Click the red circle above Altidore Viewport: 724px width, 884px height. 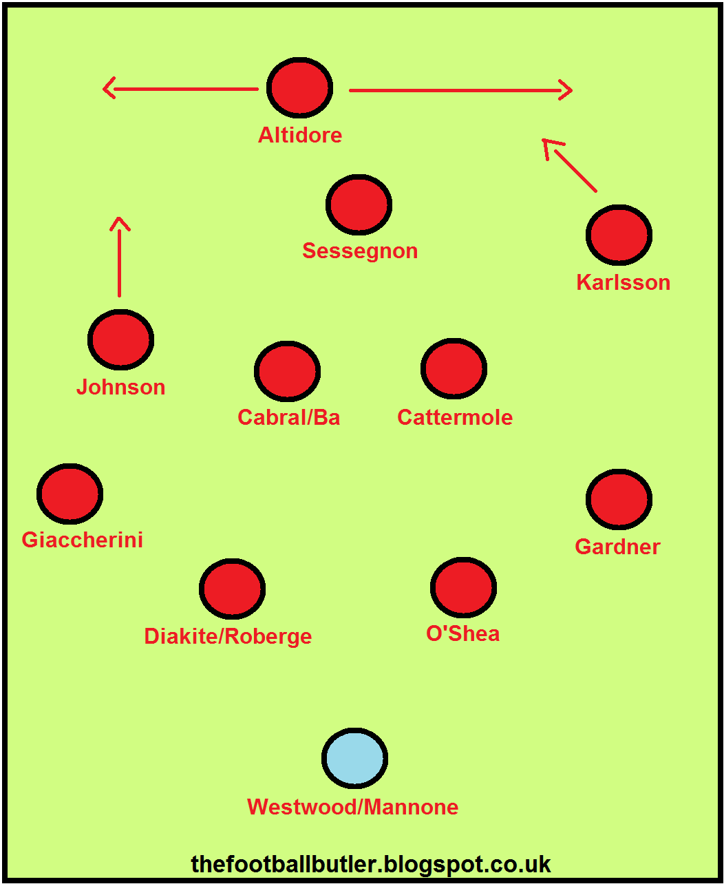point(300,88)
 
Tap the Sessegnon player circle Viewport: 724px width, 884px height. point(359,204)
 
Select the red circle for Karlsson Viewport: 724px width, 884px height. point(619,235)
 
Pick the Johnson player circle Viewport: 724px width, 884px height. point(120,339)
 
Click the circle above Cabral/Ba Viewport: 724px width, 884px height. point(287,371)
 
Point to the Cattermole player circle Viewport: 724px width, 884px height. point(454,369)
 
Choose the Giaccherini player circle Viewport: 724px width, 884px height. point(70,494)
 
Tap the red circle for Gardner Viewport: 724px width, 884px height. point(619,499)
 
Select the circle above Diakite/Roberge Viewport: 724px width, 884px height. point(232,589)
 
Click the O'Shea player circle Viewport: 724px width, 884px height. point(463,587)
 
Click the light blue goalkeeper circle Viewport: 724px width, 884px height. point(354,758)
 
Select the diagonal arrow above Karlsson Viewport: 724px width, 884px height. point(570,165)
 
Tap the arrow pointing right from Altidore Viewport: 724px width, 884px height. point(460,90)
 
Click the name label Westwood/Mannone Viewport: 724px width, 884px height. point(352,807)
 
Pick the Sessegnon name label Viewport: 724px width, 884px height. point(360,251)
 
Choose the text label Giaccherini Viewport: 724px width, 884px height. point(83,540)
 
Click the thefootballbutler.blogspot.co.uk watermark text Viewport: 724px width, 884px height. point(371,863)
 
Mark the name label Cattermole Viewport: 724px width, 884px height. point(455,417)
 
